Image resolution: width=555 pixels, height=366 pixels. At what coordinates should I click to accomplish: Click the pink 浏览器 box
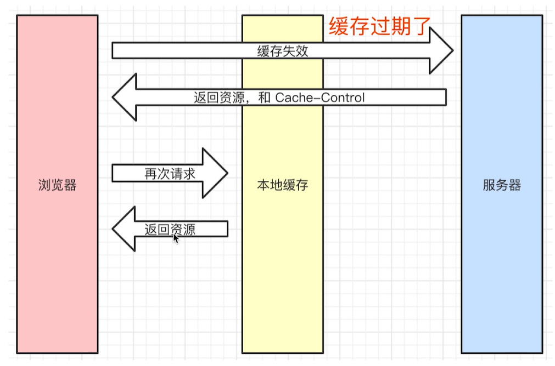[x=57, y=274]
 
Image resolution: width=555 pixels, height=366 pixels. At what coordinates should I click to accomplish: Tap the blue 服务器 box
[x=502, y=274]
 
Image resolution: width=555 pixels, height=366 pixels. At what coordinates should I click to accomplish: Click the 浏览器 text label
[x=57, y=185]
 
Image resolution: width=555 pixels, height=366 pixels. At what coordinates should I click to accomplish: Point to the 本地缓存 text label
[x=282, y=185]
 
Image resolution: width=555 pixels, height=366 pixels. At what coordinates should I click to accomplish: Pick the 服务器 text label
[x=502, y=185]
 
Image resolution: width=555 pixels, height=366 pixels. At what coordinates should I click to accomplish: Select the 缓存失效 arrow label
[x=282, y=52]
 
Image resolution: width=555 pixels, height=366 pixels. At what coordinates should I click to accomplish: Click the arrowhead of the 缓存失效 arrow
[x=442, y=50]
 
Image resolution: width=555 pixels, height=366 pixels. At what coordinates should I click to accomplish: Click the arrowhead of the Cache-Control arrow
[x=124, y=98]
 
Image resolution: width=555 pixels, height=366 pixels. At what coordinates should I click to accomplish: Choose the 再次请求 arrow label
[x=170, y=173]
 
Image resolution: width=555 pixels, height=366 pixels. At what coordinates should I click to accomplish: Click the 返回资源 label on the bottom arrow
[x=170, y=230]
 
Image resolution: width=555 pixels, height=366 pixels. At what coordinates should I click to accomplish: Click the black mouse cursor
[x=176, y=239]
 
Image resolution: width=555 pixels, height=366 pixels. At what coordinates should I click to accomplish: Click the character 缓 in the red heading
[x=339, y=26]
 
